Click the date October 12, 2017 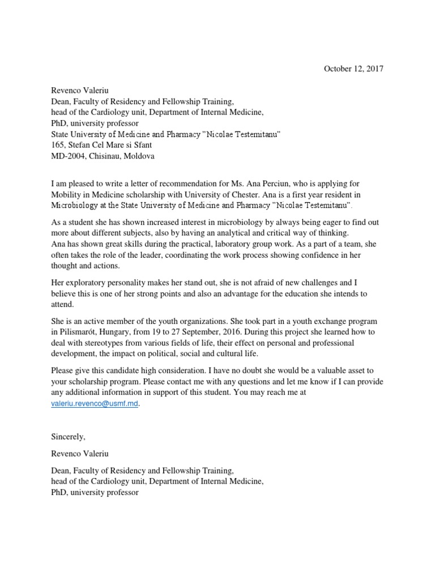[353, 69]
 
